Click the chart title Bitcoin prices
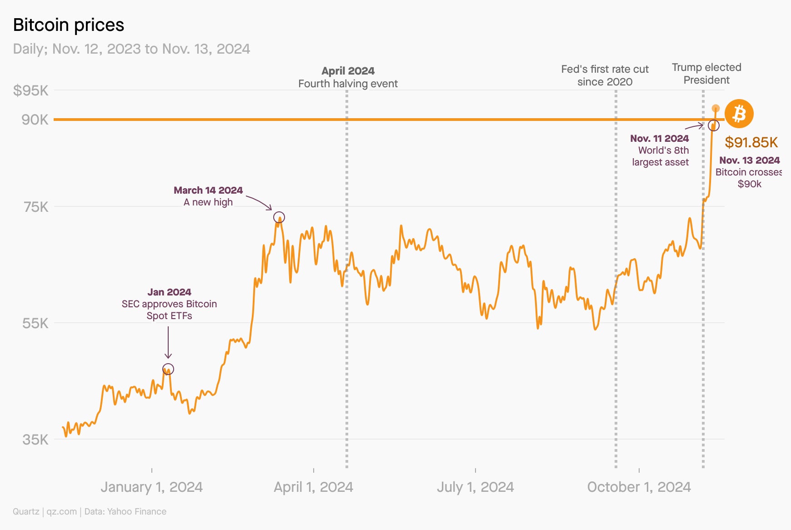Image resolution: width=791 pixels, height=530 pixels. pos(69,25)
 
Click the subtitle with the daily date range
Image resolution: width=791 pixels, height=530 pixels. pos(131,49)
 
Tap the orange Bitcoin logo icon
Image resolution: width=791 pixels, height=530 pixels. pos(739,114)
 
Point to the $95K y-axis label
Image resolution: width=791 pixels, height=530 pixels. pos(30,90)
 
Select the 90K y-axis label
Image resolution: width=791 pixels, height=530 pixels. pos(35,120)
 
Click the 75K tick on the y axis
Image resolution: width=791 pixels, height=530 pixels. pos(36,207)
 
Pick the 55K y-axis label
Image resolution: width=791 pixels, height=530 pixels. pos(35,323)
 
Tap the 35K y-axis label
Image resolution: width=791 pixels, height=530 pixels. pos(35,440)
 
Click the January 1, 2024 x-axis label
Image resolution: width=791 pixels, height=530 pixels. pos(151,487)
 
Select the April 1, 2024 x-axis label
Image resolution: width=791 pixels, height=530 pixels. pos(313,487)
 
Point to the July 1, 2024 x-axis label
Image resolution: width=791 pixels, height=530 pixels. pos(475,487)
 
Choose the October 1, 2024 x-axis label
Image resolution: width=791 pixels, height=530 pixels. pos(639,487)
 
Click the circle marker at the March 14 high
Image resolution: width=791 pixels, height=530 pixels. pos(279,217)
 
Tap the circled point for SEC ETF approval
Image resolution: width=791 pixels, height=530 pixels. pos(168,369)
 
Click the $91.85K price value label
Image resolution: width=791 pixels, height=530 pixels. pos(751,142)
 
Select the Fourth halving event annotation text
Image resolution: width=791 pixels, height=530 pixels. pos(348,84)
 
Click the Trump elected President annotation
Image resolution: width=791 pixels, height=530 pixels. pos(706,74)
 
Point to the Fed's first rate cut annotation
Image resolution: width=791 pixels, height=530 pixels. pos(605,75)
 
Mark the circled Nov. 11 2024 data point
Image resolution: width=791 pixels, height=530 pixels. pos(714,125)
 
